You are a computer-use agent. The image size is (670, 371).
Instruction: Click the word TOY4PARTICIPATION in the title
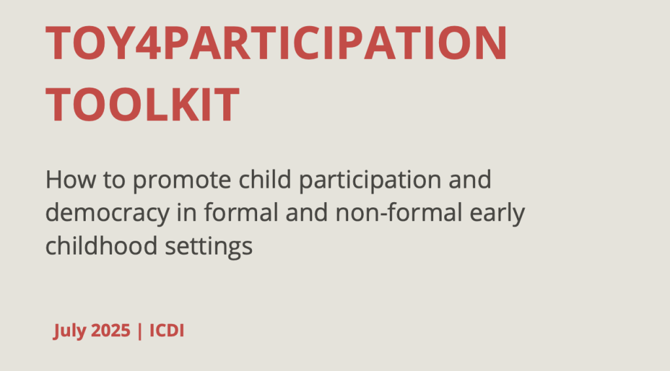coord(276,43)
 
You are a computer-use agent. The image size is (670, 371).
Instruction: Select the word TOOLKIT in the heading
coord(142,104)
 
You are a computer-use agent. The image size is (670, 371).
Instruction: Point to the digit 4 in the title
coord(149,43)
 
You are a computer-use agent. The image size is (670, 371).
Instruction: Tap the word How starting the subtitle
coord(71,179)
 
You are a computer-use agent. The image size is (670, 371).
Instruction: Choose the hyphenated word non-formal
coord(399,213)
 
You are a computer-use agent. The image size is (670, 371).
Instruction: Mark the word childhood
coord(101,246)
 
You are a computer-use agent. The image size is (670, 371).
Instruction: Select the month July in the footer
coord(69,331)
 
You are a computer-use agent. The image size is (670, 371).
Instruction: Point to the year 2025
coord(111,330)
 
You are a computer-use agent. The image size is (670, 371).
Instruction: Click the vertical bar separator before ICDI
coord(140,331)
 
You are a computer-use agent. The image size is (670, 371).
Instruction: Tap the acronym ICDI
coord(167,330)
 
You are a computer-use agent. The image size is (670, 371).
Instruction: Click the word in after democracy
coord(186,213)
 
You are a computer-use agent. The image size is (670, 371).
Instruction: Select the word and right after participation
coord(470,179)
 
